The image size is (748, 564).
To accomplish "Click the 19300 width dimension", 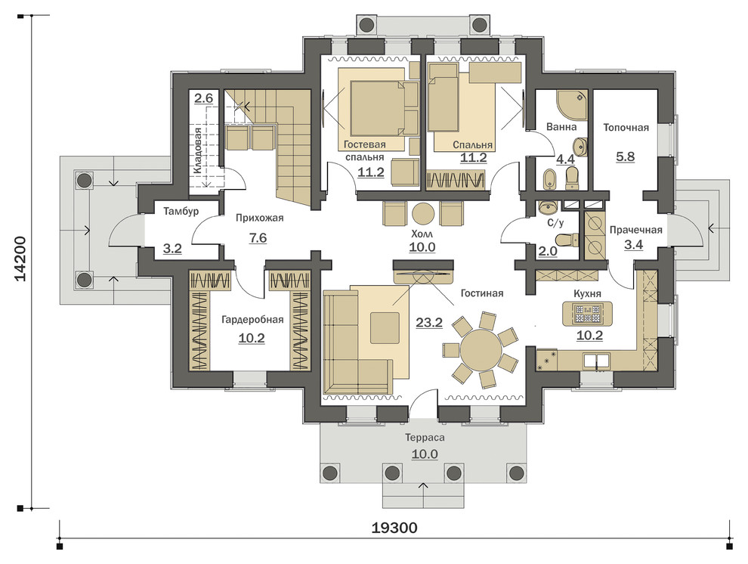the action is coord(394,528).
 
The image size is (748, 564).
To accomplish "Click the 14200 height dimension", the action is coord(20,266).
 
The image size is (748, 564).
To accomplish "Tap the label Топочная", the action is coord(626,128).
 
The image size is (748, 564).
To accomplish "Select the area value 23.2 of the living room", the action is coord(429,323).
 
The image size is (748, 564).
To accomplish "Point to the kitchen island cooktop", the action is coord(587,314).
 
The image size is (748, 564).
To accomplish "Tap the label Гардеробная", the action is coord(252,320).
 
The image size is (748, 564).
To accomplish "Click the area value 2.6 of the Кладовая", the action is coord(203,98).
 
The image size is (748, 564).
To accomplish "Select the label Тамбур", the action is coord(181,211).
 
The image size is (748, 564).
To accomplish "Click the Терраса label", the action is coord(425,438).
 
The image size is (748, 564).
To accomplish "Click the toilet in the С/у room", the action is coord(567,239).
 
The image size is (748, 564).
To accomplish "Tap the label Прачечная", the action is coord(636,230).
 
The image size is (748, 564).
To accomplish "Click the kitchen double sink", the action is coord(596,359).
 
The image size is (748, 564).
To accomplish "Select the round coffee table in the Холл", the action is coord(423,213).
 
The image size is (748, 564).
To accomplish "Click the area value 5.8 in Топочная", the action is coord(625,156).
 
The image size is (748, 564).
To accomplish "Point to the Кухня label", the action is coord(587,294).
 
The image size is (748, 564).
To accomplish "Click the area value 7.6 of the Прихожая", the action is coord(258,237).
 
